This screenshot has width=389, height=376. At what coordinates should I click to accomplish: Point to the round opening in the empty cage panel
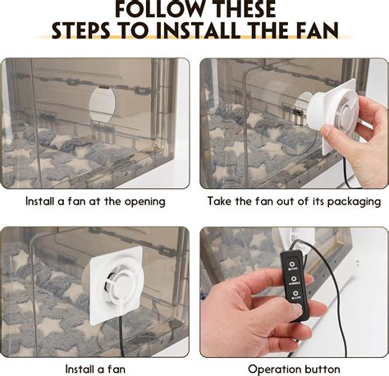coord(103,105)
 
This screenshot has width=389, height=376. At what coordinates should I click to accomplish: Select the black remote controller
coord(294,287)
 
